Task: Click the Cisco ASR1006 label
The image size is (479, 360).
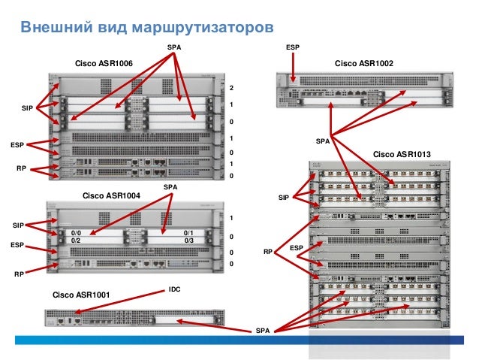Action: coord(104,63)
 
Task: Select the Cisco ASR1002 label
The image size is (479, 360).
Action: coord(364,63)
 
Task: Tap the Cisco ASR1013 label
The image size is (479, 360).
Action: coord(402,154)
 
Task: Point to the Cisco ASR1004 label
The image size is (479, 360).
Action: coord(112,195)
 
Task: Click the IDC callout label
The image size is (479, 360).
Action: coord(175,289)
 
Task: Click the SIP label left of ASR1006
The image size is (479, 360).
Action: coord(27,109)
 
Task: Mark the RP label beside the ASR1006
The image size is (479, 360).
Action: coord(21,169)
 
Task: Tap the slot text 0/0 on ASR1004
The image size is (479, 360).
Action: coord(76,233)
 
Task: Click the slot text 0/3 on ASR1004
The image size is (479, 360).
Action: coord(188,241)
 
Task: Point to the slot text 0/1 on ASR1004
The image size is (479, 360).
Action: coord(188,233)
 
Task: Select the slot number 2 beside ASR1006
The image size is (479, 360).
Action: coord(231,88)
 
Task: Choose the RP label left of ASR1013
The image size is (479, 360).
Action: coord(268,253)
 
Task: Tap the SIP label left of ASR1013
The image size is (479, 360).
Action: coord(283,198)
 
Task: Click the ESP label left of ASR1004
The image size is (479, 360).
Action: coord(17,245)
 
